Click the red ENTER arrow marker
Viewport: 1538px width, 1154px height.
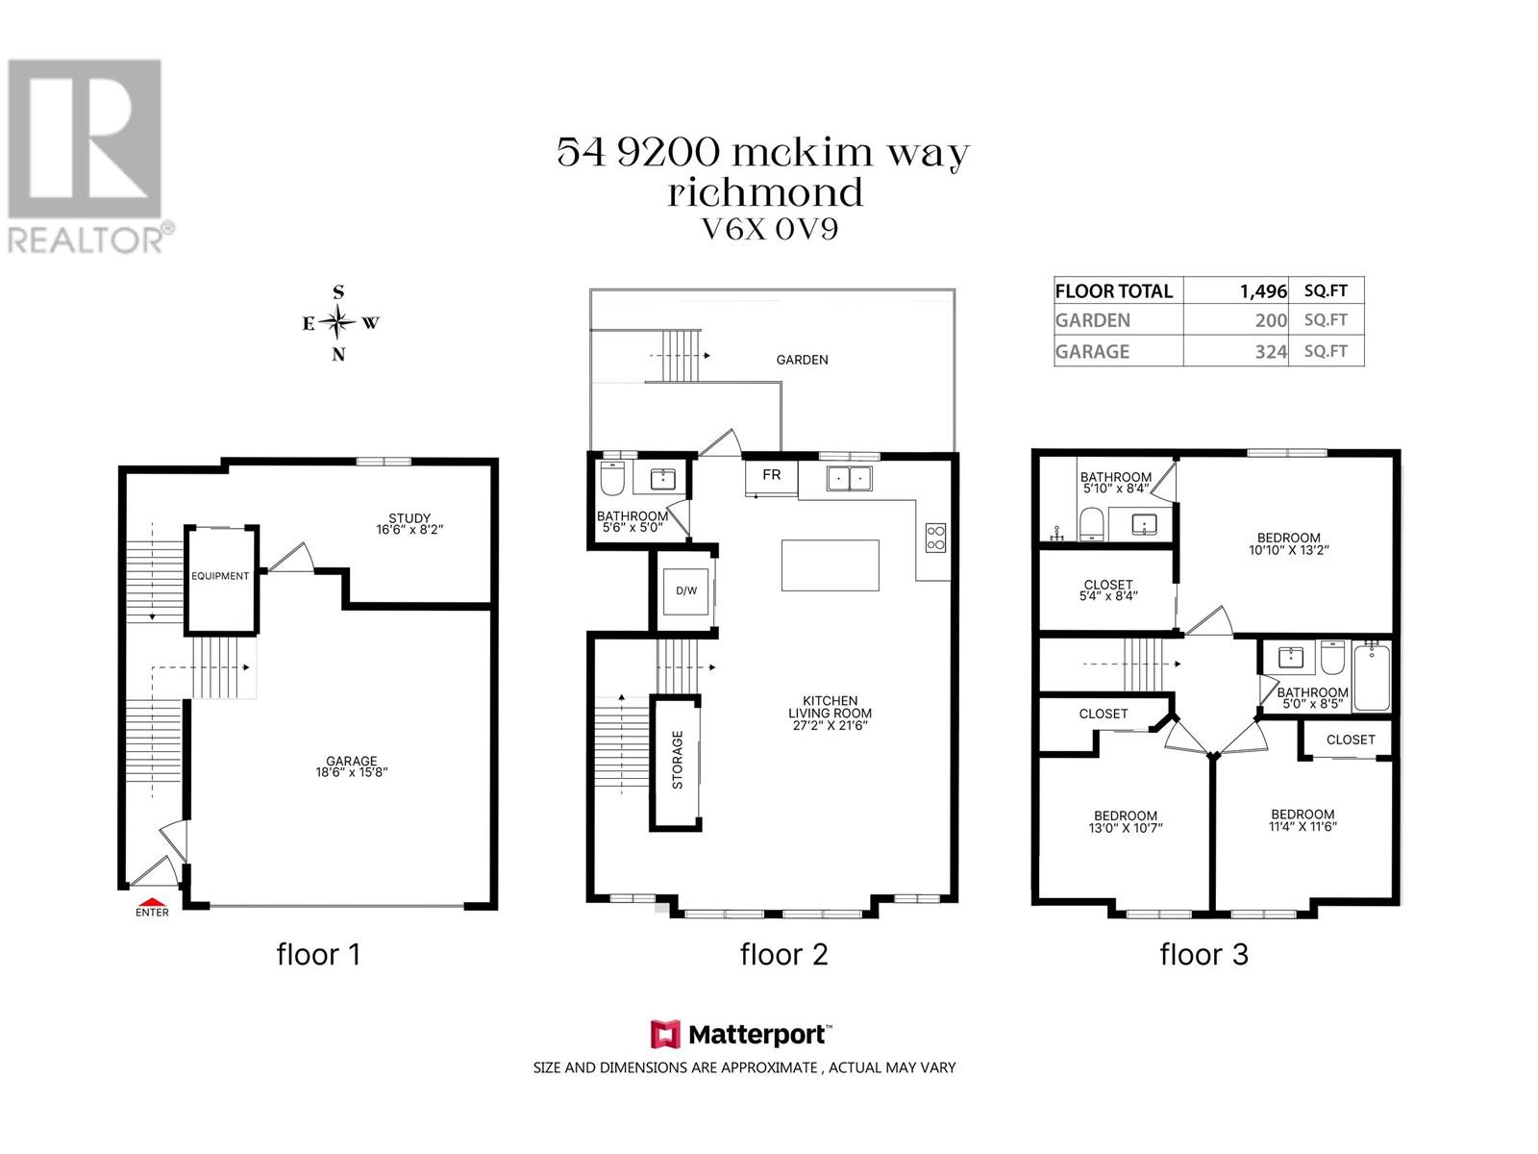151,902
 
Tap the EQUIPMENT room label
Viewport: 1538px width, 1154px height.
220,576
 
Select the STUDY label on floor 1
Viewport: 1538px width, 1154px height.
409,518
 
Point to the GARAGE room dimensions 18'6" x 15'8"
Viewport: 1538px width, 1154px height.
352,772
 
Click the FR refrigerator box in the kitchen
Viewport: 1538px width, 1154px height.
772,477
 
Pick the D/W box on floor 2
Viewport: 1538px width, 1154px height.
686,590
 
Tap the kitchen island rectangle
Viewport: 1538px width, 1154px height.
831,564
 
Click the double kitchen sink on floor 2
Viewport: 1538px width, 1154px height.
849,479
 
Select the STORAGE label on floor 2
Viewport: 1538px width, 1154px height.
678,761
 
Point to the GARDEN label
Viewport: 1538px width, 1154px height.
803,360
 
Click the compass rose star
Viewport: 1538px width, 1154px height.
338,322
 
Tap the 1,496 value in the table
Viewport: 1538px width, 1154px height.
1263,291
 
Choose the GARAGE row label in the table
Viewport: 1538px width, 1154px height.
1092,351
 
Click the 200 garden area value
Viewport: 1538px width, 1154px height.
1271,321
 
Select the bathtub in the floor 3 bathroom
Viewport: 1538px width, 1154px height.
1372,677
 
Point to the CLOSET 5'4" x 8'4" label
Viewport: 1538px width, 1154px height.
1108,590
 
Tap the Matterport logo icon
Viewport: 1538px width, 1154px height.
665,1034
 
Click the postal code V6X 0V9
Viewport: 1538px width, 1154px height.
769,230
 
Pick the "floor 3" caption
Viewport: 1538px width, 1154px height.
1203,954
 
